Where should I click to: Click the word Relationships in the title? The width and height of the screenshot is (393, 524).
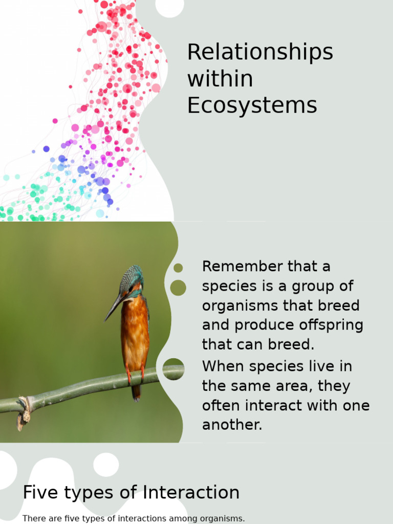click(x=260, y=53)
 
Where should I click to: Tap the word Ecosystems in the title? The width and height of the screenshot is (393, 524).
click(x=252, y=105)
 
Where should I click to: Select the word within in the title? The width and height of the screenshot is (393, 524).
click(x=220, y=79)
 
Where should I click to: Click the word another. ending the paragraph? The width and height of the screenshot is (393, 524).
click(x=232, y=425)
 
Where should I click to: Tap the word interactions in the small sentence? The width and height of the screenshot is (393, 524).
click(x=144, y=518)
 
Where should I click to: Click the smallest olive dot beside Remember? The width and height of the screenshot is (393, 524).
click(x=178, y=268)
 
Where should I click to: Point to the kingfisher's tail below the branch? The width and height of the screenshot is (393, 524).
click(x=136, y=393)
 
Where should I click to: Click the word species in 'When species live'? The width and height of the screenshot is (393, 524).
click(x=278, y=367)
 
